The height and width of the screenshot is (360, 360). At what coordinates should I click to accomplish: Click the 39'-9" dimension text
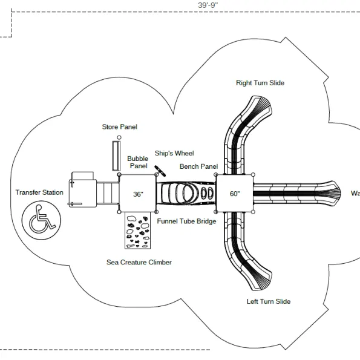208,5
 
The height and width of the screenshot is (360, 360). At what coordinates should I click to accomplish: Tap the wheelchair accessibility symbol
41,220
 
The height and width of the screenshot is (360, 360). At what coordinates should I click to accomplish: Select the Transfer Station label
39,192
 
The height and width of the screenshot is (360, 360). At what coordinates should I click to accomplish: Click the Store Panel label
119,126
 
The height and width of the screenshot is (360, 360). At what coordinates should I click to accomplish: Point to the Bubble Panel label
138,162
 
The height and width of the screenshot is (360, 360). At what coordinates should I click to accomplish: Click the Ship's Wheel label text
174,153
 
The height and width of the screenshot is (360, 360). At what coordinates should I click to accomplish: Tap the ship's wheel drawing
160,171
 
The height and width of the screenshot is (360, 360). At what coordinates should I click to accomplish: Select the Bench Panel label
198,166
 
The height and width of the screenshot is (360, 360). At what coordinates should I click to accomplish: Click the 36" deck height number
138,194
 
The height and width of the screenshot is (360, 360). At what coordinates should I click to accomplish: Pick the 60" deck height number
235,194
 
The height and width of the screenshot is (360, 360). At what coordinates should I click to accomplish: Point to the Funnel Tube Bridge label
186,221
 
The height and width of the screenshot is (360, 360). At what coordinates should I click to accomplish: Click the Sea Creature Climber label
139,262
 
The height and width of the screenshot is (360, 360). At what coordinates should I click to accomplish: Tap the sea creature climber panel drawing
137,231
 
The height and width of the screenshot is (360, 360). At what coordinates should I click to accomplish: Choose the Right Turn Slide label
260,83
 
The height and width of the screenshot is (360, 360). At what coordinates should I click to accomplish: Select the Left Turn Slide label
269,301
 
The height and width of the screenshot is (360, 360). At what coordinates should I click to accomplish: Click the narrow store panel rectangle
116,156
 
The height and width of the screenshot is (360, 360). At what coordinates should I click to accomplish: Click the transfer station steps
108,192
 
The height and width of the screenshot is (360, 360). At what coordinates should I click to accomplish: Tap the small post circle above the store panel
119,137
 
